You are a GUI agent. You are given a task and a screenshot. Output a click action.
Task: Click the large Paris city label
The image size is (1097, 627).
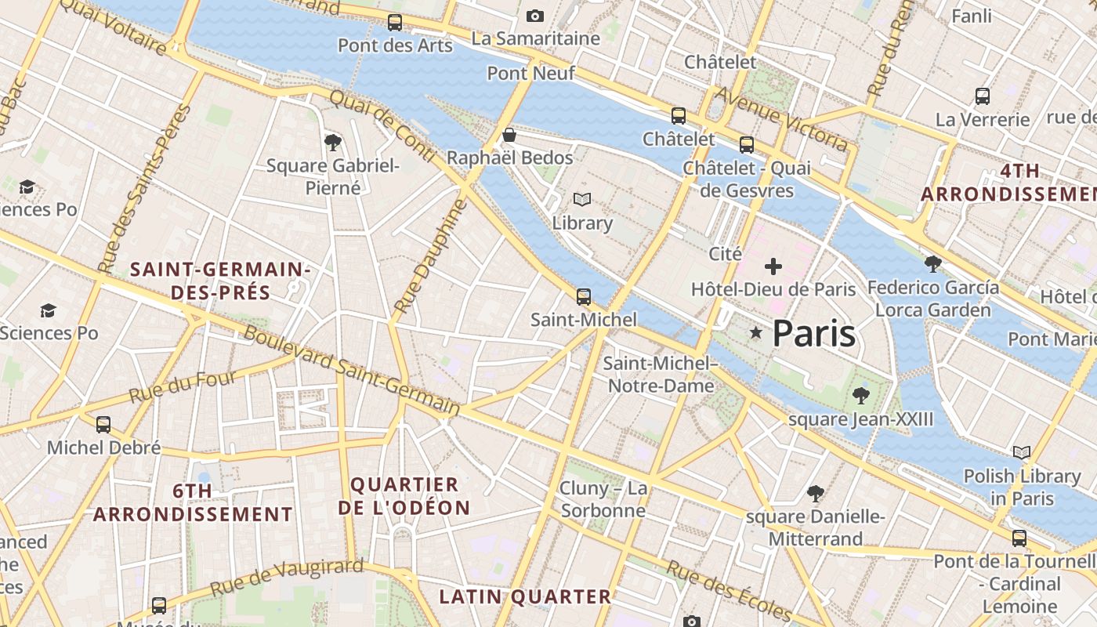click(x=813, y=334)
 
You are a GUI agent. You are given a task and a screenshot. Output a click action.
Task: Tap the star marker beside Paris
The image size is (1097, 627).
click(x=755, y=333)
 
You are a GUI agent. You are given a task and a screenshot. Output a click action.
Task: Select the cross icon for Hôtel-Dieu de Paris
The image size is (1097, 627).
click(x=773, y=266)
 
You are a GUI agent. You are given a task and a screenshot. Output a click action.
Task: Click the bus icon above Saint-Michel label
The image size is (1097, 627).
click(x=583, y=296)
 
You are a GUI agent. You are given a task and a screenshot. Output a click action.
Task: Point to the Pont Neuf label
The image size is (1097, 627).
click(x=530, y=73)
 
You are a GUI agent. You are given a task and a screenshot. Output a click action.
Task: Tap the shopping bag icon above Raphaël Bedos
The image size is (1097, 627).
click(x=509, y=135)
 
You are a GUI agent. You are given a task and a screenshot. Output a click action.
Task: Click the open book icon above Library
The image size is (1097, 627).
click(x=581, y=200)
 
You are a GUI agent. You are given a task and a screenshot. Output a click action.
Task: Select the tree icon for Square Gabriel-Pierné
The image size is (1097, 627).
click(x=332, y=142)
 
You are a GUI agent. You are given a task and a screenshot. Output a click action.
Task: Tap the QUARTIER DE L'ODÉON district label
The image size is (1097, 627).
click(x=404, y=495)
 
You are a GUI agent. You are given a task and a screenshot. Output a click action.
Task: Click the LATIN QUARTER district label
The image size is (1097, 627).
click(x=524, y=596)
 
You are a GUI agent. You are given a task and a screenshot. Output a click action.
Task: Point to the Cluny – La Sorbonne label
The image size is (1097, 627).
click(x=603, y=499)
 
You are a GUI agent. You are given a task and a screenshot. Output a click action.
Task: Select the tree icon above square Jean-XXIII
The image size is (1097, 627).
click(x=860, y=394)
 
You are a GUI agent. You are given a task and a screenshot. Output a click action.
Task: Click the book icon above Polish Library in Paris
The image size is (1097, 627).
click(x=1021, y=452)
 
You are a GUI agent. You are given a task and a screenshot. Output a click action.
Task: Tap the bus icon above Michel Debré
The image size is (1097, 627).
click(x=103, y=425)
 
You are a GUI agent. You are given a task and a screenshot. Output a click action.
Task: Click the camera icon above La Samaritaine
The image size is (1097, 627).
click(x=535, y=16)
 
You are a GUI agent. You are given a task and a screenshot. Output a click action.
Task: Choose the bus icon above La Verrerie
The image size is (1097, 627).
click(x=982, y=96)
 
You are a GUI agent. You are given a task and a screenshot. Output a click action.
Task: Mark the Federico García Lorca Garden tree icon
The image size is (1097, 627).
click(x=932, y=263)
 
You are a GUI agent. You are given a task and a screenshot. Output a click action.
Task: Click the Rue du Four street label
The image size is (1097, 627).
click(x=182, y=388)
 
